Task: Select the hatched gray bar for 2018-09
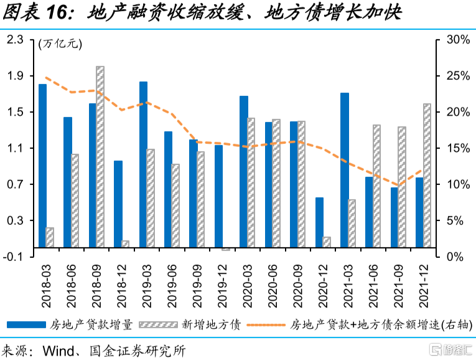tap(100, 156)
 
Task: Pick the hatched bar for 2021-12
tap(427, 175)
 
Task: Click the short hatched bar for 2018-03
tap(50, 237)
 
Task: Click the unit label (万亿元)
tap(60, 44)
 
